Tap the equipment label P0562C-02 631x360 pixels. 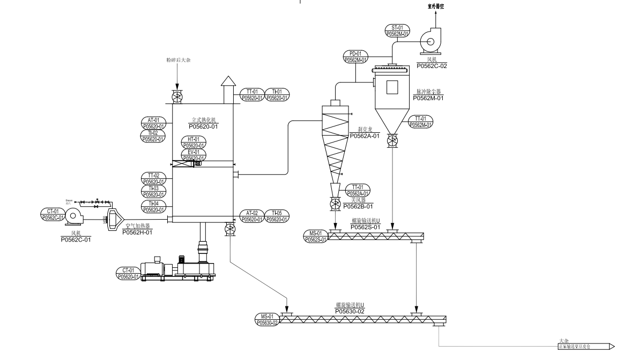point(432,66)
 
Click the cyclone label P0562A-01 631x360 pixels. point(365,136)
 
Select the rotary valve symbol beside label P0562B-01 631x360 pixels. point(335,204)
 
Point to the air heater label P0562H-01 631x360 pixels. point(137,232)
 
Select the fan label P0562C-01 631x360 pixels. point(76,239)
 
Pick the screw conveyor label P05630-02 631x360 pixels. point(350,311)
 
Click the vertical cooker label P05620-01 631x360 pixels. point(204,126)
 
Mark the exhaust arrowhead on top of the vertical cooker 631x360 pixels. point(228,81)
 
